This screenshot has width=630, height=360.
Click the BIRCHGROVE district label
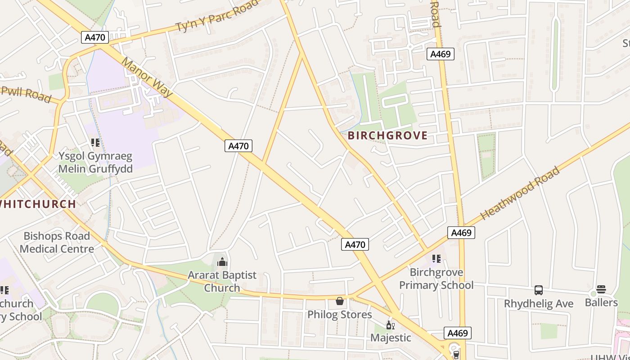click(x=387, y=135)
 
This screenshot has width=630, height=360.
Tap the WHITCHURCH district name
click(x=38, y=204)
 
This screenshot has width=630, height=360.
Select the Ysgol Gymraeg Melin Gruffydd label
click(x=95, y=162)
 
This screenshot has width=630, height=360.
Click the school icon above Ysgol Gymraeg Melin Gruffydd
click(x=95, y=143)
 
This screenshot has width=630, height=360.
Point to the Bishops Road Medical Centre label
click(x=57, y=242)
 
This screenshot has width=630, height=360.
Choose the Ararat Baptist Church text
click(x=222, y=281)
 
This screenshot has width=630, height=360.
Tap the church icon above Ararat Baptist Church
click(x=222, y=261)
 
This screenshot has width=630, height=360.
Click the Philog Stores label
click(x=340, y=315)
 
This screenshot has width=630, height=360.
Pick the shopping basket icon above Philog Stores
click(x=340, y=301)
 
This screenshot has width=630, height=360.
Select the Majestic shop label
click(x=391, y=337)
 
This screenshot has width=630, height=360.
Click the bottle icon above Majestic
click(x=390, y=325)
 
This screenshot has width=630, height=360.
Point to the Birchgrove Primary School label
click(x=436, y=279)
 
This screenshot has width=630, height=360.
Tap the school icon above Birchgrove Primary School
click(x=436, y=259)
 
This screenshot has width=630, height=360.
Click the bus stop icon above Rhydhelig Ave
click(x=539, y=290)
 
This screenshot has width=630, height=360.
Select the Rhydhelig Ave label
click(x=539, y=304)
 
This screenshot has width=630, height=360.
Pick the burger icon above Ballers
click(x=601, y=289)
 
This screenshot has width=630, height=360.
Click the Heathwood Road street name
click(x=520, y=193)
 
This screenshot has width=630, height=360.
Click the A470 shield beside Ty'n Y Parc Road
click(x=95, y=37)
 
